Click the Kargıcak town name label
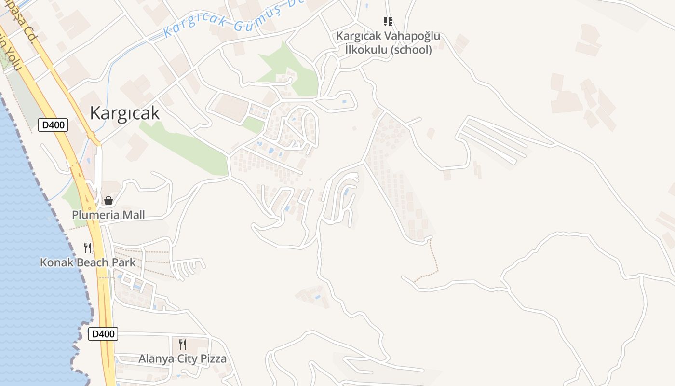pos(124,113)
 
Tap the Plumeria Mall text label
pos(108,215)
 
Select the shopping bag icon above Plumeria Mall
pos(108,201)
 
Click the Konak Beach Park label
pos(88,262)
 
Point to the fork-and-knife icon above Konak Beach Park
pos(88,248)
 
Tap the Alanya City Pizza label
pos(182,358)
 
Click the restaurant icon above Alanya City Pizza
pos(183,344)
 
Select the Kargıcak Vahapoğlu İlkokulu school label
pos(388,43)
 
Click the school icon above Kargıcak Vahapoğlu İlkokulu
pos(388,21)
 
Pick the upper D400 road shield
pos(53,125)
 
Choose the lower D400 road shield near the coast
pos(103,334)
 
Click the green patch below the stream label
pos(289,68)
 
